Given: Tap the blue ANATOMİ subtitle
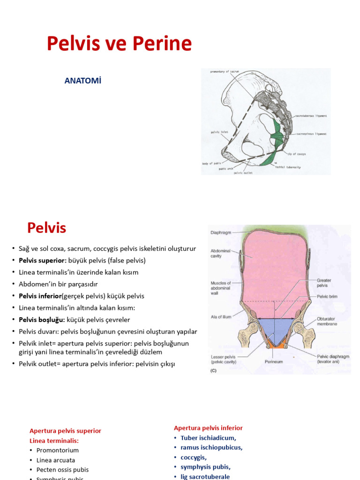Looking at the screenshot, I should [x=83, y=81].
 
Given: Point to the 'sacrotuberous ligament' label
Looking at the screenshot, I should [x=311, y=116].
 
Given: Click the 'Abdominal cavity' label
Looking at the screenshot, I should [x=220, y=254].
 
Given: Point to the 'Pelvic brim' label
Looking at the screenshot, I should [x=327, y=296].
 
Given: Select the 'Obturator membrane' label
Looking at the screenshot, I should [x=327, y=321].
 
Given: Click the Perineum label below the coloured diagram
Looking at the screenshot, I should [x=274, y=362].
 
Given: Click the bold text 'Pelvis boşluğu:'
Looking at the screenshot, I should [x=42, y=320].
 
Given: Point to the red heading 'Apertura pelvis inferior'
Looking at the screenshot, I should [x=208, y=428].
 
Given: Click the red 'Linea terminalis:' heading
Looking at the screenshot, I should [x=54, y=441].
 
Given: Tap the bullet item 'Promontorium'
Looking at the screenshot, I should [x=58, y=450].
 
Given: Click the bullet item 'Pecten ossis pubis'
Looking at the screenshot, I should [x=62, y=470].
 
